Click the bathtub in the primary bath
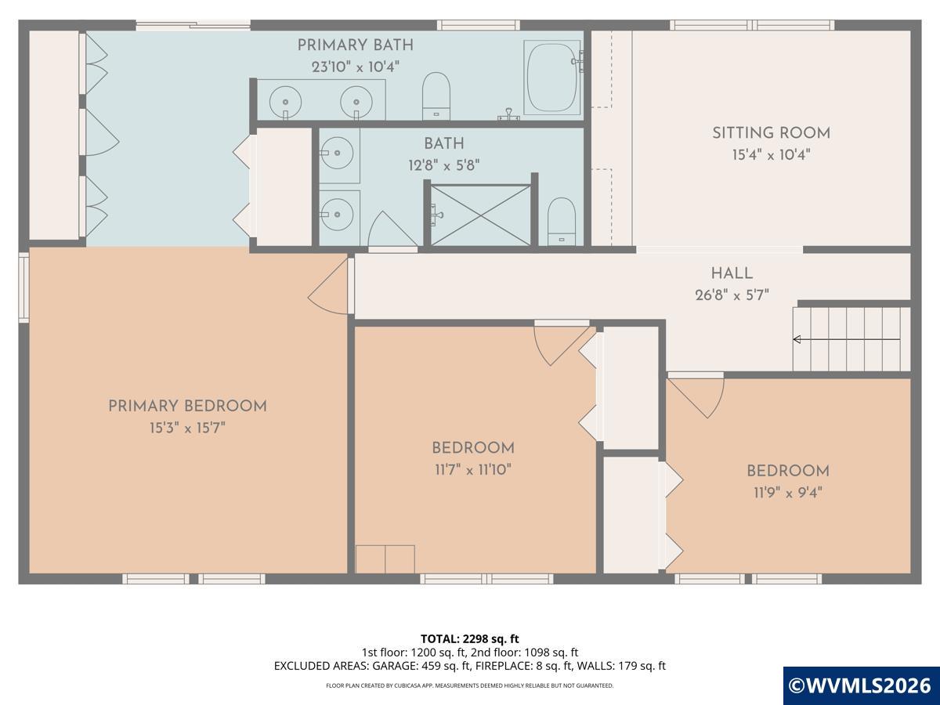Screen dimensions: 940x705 tap(552, 78)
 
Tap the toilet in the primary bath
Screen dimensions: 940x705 tap(436, 96)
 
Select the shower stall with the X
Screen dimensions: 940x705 tap(480, 215)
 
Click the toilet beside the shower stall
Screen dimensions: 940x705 tap(562, 222)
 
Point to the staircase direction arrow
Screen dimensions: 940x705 tap(847, 339)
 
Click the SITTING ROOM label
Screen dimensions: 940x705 tap(772, 133)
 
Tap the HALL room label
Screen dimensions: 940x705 tap(732, 273)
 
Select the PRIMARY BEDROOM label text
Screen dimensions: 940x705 tap(187, 407)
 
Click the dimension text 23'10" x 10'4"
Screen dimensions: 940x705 tap(356, 67)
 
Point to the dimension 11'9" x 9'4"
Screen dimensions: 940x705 tap(788, 493)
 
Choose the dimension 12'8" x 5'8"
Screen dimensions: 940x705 tap(443, 165)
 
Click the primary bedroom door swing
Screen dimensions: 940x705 tap(327, 285)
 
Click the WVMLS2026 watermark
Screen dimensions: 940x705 tap(860, 685)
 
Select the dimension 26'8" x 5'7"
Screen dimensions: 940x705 tap(732, 295)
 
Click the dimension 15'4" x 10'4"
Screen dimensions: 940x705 tap(772, 154)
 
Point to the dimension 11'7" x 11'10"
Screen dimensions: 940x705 tap(473, 470)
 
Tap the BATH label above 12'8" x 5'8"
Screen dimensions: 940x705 tap(444, 144)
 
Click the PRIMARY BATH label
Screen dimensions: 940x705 tap(356, 45)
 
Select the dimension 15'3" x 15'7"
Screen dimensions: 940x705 tap(187, 428)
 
